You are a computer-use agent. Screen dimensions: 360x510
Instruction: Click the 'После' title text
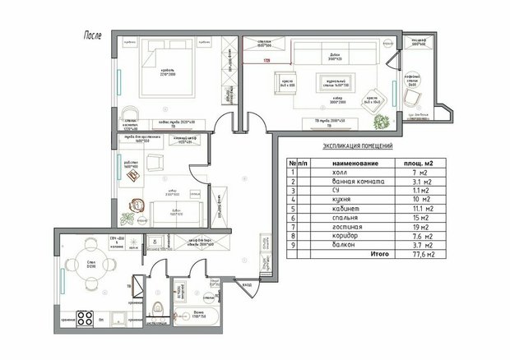click(93, 36)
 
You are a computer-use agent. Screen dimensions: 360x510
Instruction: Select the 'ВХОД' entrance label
click(247, 284)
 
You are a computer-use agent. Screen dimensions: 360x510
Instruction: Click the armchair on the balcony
click(411, 95)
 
